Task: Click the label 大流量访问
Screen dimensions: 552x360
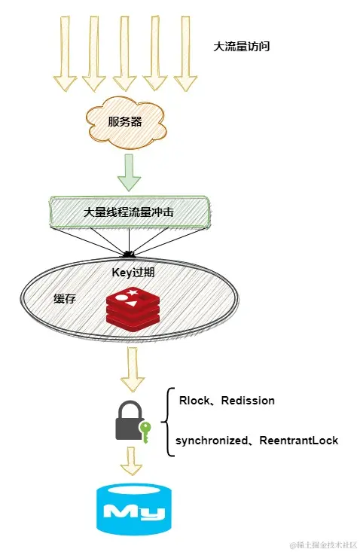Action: coord(242,46)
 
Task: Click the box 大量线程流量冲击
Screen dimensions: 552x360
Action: coord(129,212)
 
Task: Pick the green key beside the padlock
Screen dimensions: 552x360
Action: coord(145,432)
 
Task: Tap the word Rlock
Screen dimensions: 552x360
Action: coord(194,401)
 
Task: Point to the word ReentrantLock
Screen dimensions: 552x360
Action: coord(299,440)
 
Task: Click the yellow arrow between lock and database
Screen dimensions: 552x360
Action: coord(132,461)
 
